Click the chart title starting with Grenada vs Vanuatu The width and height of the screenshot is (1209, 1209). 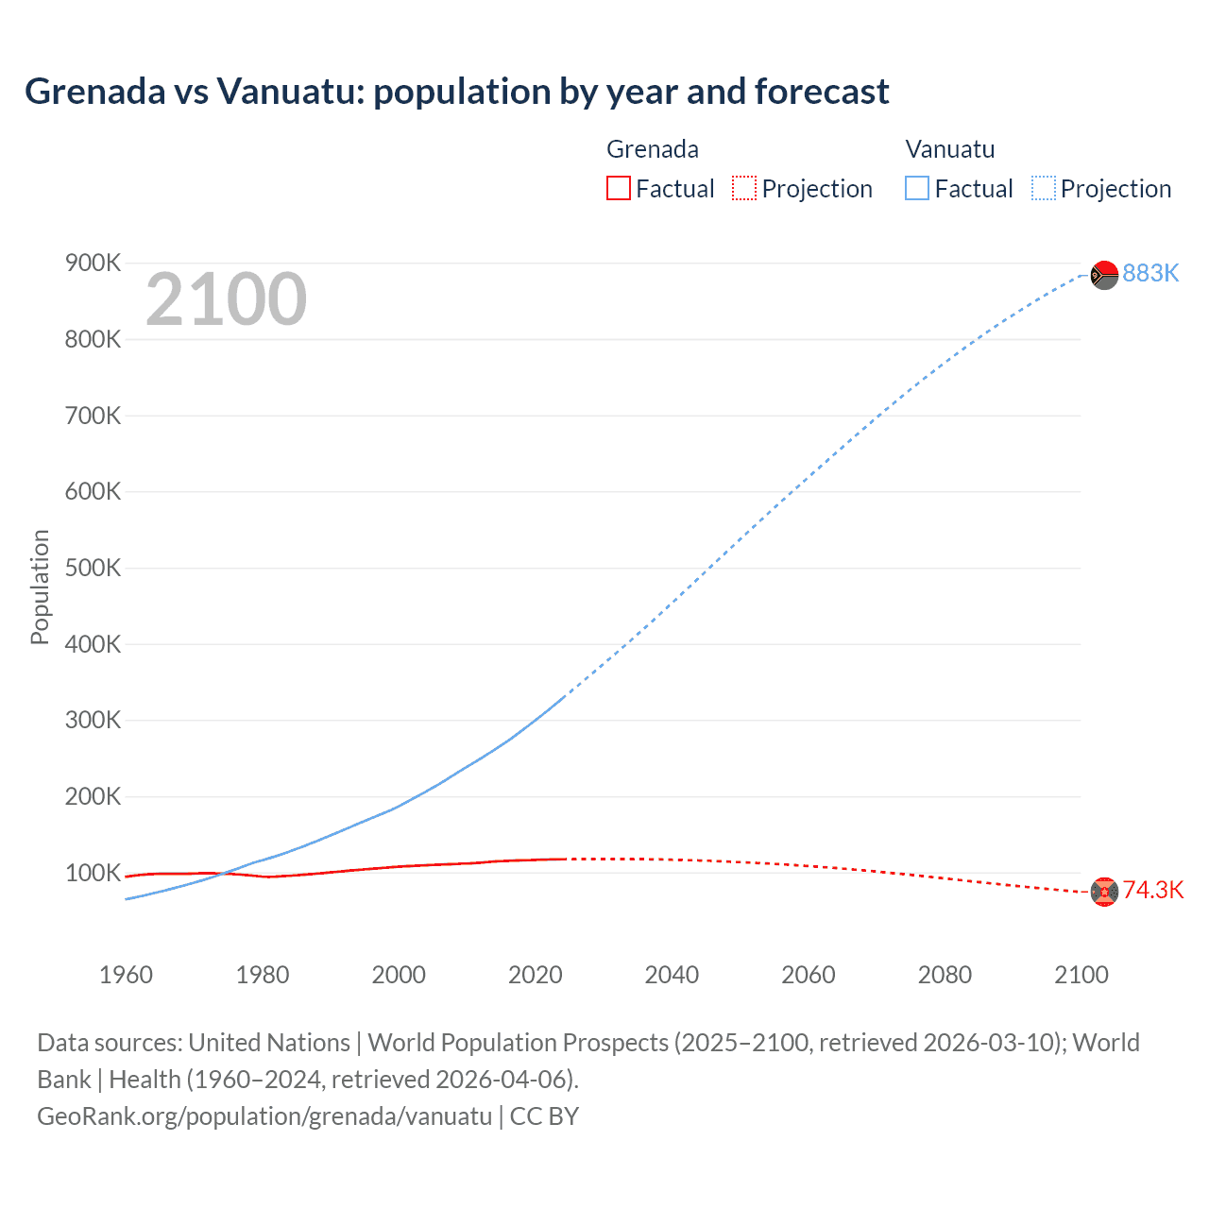456,92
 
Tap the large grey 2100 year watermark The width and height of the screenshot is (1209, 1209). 226,299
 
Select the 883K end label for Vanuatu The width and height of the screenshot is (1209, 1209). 1150,273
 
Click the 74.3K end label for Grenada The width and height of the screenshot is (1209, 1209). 1152,890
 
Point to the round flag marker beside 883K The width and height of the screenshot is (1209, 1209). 1104,275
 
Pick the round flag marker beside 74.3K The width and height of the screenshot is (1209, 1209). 1104,891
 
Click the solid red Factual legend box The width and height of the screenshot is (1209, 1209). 618,189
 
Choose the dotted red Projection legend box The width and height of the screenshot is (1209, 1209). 744,189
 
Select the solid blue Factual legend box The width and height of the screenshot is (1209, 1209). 917,189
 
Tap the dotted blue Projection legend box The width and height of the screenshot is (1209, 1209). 1043,189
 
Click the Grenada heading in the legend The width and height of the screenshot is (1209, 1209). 652,149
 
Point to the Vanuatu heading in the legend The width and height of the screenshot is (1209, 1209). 949,149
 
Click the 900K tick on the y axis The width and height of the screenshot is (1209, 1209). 93,263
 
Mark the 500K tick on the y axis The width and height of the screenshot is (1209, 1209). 93,568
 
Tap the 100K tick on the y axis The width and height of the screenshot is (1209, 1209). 93,873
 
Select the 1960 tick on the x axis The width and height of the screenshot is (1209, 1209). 126,975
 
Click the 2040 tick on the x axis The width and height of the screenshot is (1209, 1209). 672,975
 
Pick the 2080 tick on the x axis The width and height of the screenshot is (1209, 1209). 945,975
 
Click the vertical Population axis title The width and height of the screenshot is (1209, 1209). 40,587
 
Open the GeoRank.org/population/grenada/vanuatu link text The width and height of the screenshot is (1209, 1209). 264,1116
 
